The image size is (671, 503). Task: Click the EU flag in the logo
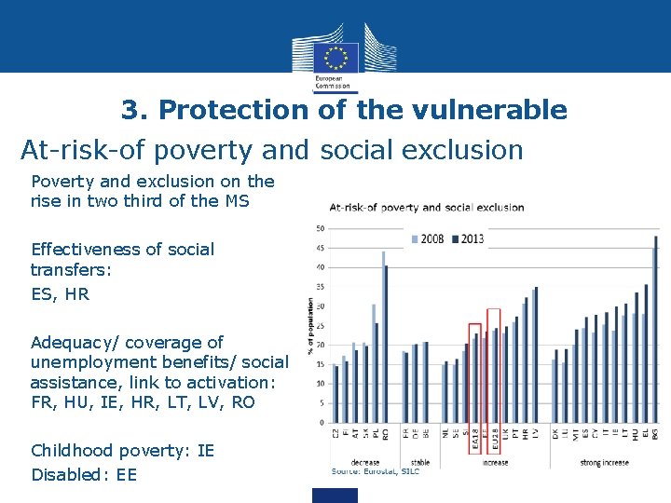point(335,59)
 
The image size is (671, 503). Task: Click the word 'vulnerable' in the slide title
point(500,110)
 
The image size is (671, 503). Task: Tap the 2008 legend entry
point(428,239)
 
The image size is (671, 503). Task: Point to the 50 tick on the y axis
point(320,228)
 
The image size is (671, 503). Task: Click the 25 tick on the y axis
point(320,326)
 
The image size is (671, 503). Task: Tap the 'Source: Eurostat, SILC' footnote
point(376,471)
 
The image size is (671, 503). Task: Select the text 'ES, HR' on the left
point(61,294)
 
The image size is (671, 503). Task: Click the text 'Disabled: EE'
point(84,475)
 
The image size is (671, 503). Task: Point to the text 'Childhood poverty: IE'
point(123,451)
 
